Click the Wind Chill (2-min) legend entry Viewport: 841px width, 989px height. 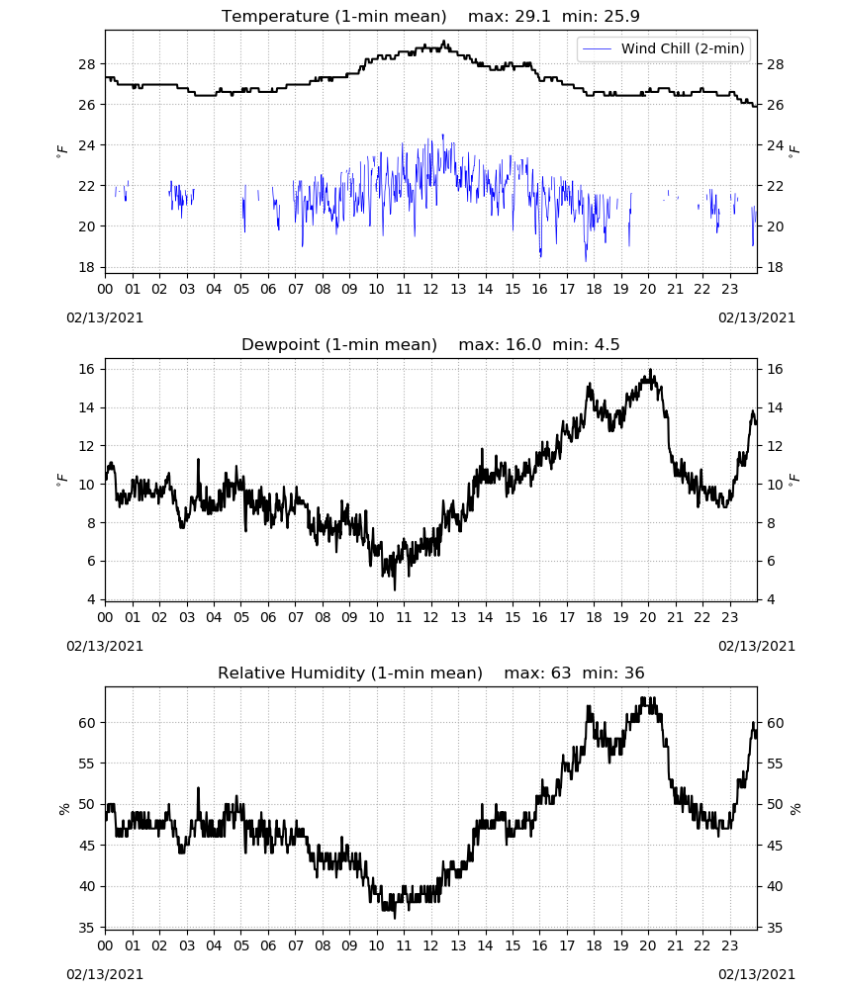[x=664, y=48]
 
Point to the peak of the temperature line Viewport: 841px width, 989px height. [x=443, y=42]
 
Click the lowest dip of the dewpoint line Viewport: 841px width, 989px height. [x=395, y=589]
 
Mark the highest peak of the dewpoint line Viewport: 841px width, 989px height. [x=650, y=370]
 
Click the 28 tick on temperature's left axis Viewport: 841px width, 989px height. [x=87, y=63]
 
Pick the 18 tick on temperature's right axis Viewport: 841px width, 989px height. [x=775, y=267]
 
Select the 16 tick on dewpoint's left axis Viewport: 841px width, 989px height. [x=87, y=369]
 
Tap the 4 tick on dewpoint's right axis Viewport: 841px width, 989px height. [x=771, y=599]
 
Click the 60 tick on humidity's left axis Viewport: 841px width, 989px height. [x=87, y=723]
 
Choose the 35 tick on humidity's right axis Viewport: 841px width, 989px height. [x=775, y=928]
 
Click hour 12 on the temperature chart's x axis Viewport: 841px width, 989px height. [x=431, y=289]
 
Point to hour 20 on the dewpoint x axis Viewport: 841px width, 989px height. [x=648, y=617]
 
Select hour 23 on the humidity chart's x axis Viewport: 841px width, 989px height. [x=730, y=945]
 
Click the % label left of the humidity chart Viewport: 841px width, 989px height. [x=63, y=809]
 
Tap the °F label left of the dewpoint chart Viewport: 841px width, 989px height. [x=61, y=480]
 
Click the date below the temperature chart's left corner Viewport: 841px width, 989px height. [x=105, y=317]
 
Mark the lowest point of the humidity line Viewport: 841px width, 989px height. [x=395, y=919]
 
